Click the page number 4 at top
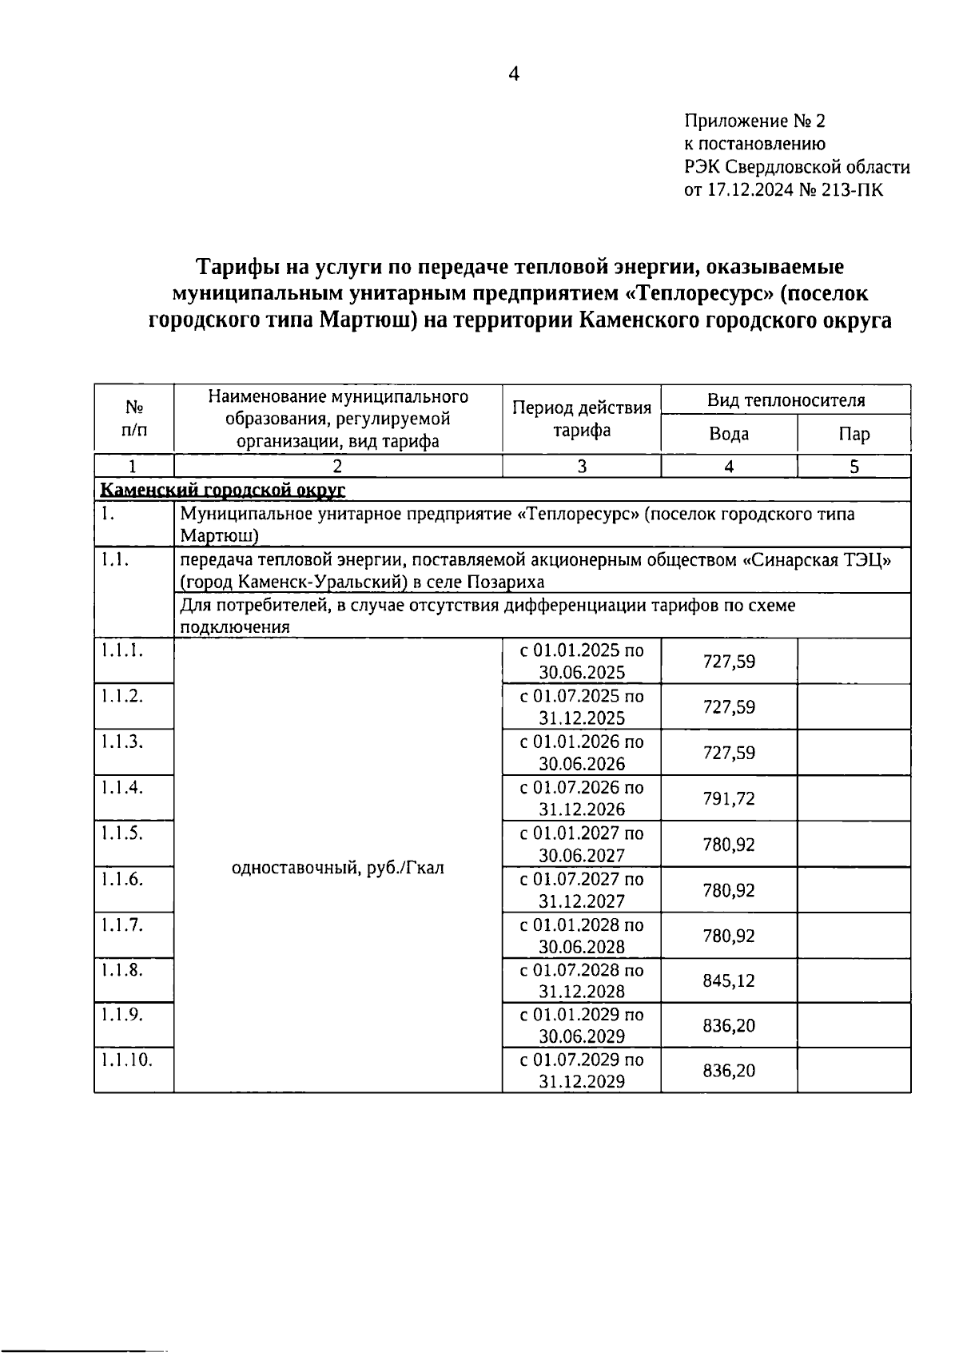pyautogui.click(x=514, y=74)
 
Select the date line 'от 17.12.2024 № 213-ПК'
pyautogui.click(x=784, y=190)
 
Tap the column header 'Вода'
pyautogui.click(x=729, y=434)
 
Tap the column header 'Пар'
pyautogui.click(x=854, y=434)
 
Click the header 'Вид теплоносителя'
pyautogui.click(x=786, y=400)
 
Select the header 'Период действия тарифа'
pyautogui.click(x=581, y=419)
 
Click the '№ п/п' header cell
pyautogui.click(x=134, y=419)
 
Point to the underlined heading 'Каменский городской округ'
pyautogui.click(x=221, y=489)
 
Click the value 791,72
pyautogui.click(x=729, y=798)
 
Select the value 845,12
pyautogui.click(x=729, y=980)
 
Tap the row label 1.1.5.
pyautogui.click(x=121, y=833)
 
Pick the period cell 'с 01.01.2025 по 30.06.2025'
pyautogui.click(x=581, y=661)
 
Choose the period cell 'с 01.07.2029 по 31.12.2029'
pyautogui.click(x=581, y=1071)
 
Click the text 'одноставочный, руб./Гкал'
pyautogui.click(x=337, y=867)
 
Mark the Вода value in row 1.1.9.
pyautogui.click(x=729, y=1025)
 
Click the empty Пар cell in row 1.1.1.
pyautogui.click(x=854, y=661)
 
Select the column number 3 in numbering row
pyautogui.click(x=581, y=467)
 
